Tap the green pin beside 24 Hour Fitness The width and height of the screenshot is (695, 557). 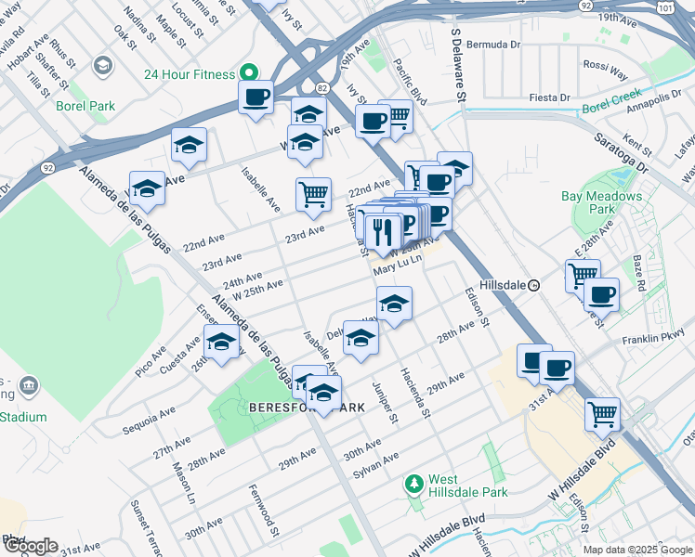(248, 73)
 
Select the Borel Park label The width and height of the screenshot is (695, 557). (85, 106)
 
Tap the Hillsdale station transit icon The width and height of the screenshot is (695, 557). (534, 286)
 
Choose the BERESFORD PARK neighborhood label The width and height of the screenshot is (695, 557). (307, 408)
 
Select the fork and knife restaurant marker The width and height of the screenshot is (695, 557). (383, 231)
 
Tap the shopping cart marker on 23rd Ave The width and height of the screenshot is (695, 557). (313, 194)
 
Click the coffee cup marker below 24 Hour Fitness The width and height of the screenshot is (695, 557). (256, 97)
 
